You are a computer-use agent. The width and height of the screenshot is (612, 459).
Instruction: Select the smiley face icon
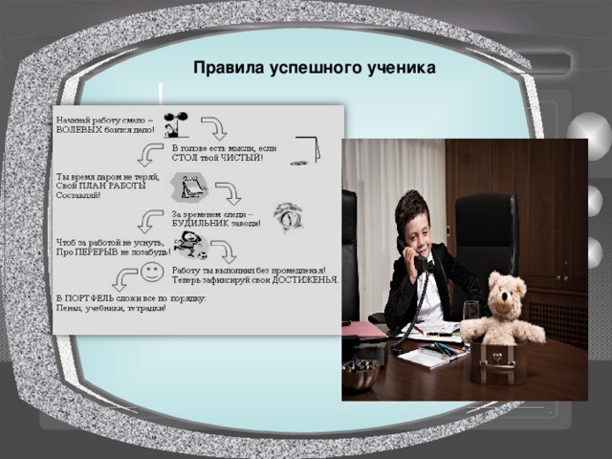click(151, 273)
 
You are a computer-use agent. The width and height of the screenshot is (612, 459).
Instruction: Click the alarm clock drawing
click(287, 216)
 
